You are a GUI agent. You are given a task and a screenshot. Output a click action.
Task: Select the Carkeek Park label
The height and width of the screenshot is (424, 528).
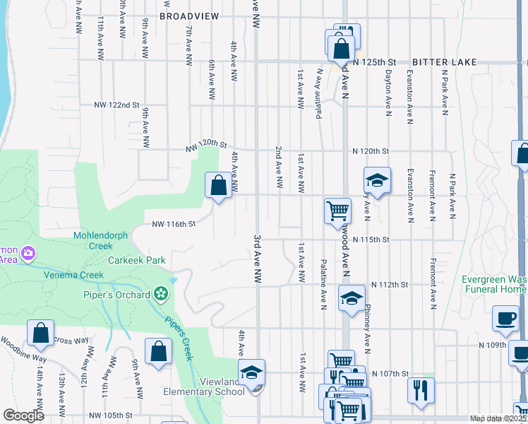tap(137, 260)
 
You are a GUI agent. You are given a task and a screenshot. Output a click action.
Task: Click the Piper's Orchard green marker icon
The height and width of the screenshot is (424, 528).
tap(161, 293)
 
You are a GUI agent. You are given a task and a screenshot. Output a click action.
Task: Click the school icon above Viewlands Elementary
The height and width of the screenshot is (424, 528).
tap(252, 372)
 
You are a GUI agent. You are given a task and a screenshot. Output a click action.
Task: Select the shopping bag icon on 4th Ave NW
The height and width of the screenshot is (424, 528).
tap(219, 186)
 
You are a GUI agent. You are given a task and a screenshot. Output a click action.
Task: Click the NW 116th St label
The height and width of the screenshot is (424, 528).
tap(173, 225)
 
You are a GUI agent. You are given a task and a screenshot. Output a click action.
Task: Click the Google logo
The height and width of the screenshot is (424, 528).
tap(23, 415)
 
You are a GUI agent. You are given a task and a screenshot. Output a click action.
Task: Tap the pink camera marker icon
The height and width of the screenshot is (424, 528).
tap(28, 252)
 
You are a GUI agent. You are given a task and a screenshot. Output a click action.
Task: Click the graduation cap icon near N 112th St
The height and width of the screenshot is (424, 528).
tap(352, 298)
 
